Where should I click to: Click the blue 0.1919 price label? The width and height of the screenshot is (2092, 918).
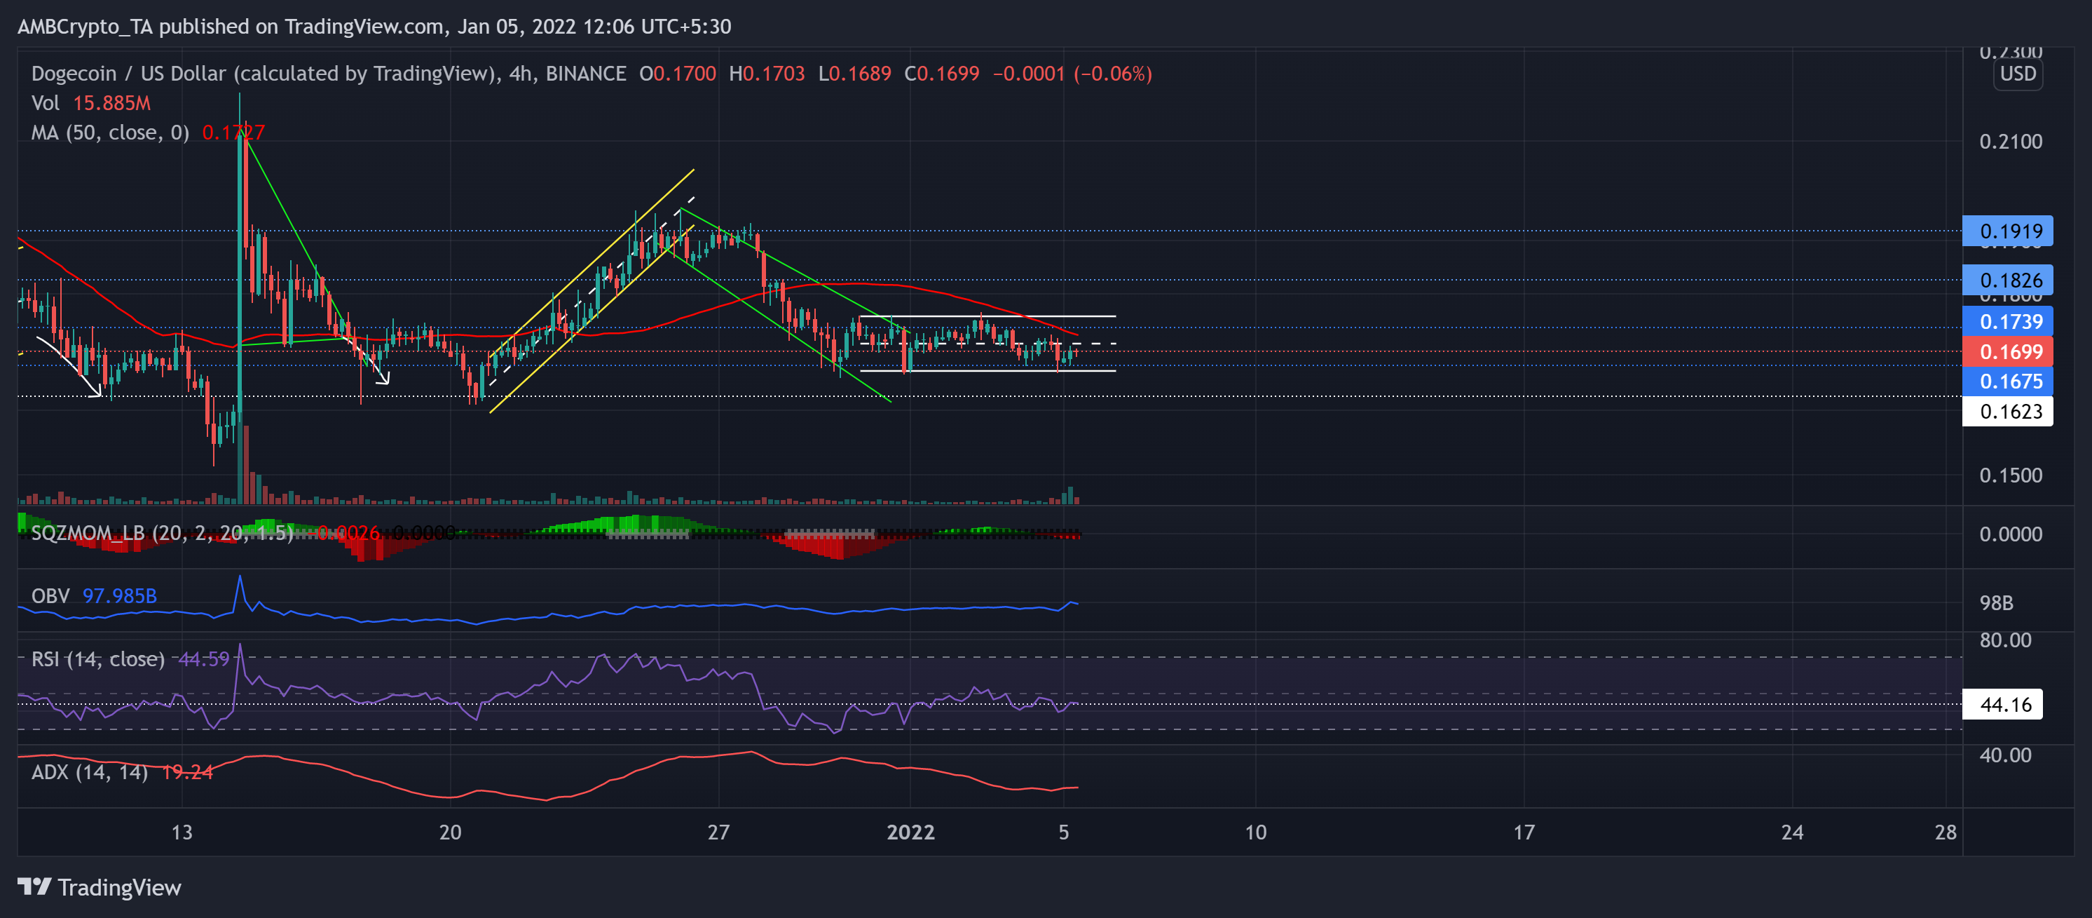coord(2006,231)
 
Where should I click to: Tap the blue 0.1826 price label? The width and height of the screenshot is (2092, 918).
coord(2006,281)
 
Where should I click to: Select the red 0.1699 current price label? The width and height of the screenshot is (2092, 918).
coord(2006,352)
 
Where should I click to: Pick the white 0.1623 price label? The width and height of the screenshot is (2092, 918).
coord(2006,411)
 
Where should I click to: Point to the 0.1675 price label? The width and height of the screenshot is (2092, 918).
coord(2006,381)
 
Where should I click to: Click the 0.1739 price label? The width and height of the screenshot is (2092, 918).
coord(2006,322)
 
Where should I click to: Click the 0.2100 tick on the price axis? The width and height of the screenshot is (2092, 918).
coord(2010,142)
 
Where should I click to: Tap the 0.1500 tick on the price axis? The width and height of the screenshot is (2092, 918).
coord(2010,475)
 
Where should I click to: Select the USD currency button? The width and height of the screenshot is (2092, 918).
coord(2017,74)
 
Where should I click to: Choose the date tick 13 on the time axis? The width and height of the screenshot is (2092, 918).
coord(182,832)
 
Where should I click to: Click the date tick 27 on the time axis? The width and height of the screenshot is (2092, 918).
coord(718,832)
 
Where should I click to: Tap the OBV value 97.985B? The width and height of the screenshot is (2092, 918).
coord(119,596)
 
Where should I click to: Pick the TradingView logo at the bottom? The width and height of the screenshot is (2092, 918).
coord(99,887)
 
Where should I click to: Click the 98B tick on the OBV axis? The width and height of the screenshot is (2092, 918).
coord(1996,603)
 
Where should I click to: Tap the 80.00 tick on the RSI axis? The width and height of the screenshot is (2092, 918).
coord(2005,640)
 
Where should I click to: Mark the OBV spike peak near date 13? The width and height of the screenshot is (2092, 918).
coord(240,576)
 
